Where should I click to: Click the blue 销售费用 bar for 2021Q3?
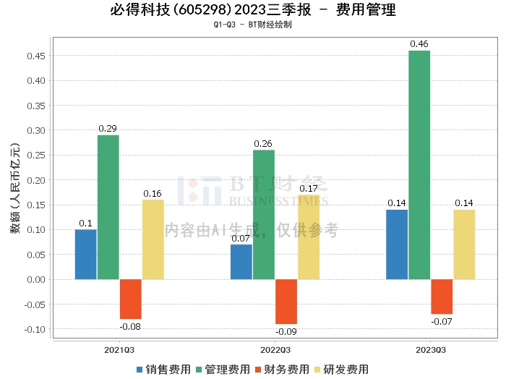(85, 254)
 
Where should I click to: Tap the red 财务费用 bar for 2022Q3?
(286, 302)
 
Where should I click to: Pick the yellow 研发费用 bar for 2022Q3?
(309, 237)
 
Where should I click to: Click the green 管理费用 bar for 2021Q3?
(108, 207)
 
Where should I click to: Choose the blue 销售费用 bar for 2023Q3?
(397, 244)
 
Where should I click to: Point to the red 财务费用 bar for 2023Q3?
(442, 297)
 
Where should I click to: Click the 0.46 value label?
(419, 44)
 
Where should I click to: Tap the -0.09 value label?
(286, 331)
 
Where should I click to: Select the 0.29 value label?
(108, 129)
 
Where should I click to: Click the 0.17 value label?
(309, 188)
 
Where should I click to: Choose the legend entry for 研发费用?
(340, 369)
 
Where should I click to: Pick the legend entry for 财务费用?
(282, 369)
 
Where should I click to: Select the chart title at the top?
(253, 10)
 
